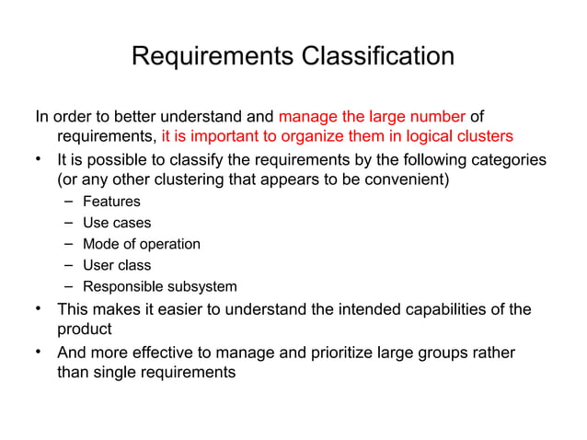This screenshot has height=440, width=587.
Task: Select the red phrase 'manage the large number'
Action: click(x=372, y=117)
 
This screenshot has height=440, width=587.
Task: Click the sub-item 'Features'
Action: click(x=111, y=202)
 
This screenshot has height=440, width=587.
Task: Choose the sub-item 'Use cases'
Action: click(x=117, y=223)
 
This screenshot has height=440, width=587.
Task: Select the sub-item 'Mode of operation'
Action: click(x=141, y=244)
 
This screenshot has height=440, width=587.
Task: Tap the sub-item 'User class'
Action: click(x=117, y=265)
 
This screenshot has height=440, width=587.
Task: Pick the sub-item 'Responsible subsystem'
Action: click(x=159, y=286)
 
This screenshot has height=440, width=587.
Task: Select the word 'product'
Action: click(x=85, y=330)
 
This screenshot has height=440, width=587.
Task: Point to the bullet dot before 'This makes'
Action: click(x=40, y=307)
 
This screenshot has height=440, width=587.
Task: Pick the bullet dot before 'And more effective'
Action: click(x=40, y=351)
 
